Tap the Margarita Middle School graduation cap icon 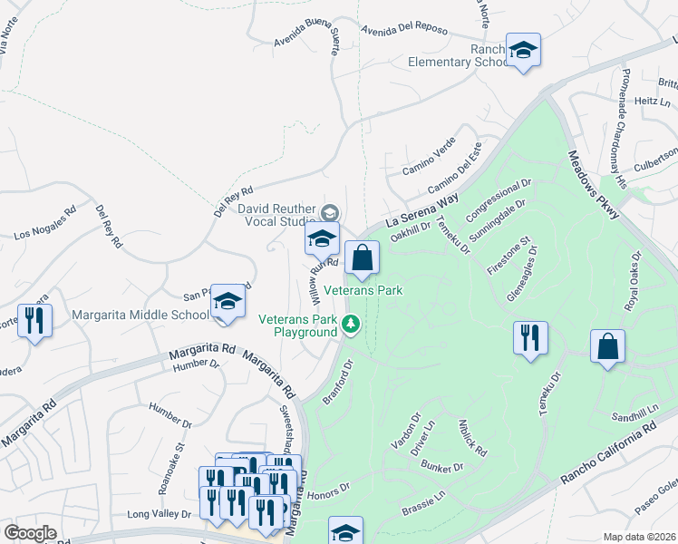pyautogui.click(x=228, y=302)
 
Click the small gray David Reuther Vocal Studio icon pyautogui.click(x=329, y=212)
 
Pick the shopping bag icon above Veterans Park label pyautogui.click(x=362, y=257)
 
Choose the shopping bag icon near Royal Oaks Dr pyautogui.click(x=606, y=346)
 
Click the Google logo pyautogui.click(x=31, y=533)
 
